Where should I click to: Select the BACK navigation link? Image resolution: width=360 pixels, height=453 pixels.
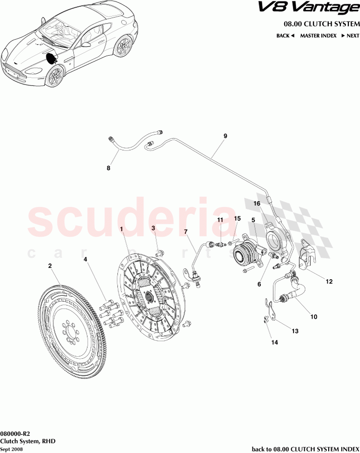coord(285,36)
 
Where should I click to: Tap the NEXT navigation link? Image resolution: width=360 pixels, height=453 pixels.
coord(350,36)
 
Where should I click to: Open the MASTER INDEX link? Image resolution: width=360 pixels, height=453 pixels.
coord(318,36)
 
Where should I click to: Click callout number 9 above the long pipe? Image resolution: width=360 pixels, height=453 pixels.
coord(225,137)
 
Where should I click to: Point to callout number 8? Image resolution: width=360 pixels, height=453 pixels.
coord(108,169)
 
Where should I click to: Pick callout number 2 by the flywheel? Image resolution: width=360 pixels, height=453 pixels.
coord(50,266)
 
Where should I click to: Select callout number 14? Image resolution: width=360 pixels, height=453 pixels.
coord(275,343)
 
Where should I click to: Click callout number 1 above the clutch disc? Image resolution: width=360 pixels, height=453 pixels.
coord(121,229)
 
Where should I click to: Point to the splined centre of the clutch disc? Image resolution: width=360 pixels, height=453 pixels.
coord(150,297)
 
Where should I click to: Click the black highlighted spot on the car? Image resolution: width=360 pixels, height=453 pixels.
coord(51,59)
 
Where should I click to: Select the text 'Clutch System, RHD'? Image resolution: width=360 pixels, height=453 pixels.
coord(28,441)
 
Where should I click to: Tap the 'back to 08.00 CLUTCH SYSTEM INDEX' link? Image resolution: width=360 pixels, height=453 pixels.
coord(305,449)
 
